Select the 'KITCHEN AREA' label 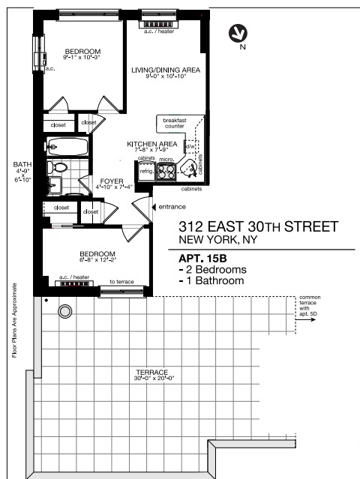click(151, 143)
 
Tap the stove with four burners click(167, 172)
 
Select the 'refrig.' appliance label click(146, 172)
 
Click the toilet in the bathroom click(58, 167)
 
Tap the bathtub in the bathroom click(66, 146)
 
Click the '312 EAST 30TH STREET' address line click(258, 227)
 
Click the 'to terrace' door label click(121, 282)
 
